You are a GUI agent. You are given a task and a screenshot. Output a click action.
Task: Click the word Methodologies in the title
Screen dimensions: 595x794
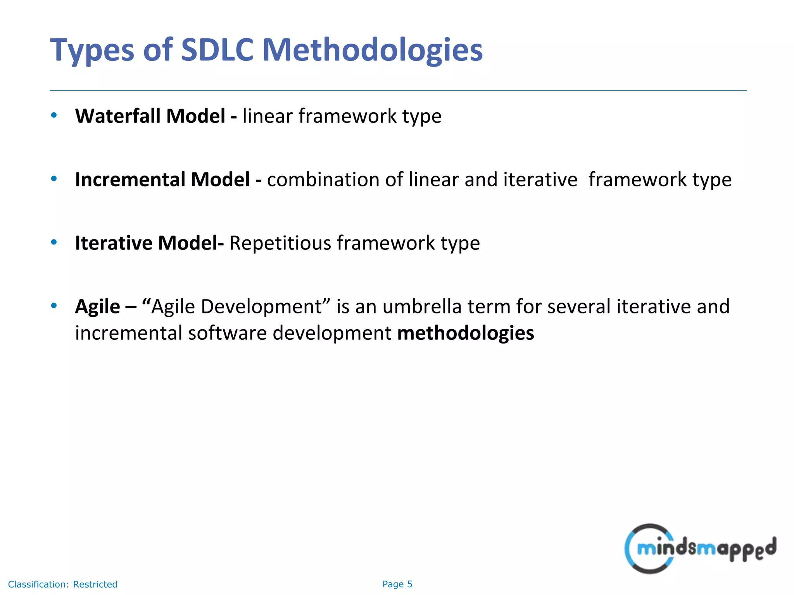[x=372, y=50]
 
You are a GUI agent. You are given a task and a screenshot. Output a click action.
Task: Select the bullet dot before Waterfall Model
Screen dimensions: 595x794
[x=54, y=115]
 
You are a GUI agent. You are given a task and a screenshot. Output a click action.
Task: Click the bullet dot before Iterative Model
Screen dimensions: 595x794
[x=54, y=242]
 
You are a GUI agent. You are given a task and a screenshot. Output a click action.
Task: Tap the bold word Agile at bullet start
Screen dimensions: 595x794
[x=97, y=306]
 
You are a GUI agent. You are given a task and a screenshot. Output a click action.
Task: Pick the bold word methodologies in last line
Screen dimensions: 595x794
[x=466, y=333]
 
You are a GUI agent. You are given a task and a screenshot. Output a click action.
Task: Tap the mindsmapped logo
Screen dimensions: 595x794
[x=700, y=548]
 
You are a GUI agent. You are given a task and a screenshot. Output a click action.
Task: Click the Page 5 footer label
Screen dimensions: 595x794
[x=397, y=584]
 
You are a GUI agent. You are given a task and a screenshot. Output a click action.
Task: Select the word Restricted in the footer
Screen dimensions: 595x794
[x=95, y=584]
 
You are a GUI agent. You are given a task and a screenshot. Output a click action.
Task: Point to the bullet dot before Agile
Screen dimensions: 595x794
[x=54, y=306]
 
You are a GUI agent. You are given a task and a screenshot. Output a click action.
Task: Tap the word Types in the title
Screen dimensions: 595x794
[x=92, y=50]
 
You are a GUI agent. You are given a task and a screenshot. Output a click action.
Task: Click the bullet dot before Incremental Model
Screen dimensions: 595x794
[x=54, y=179]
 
